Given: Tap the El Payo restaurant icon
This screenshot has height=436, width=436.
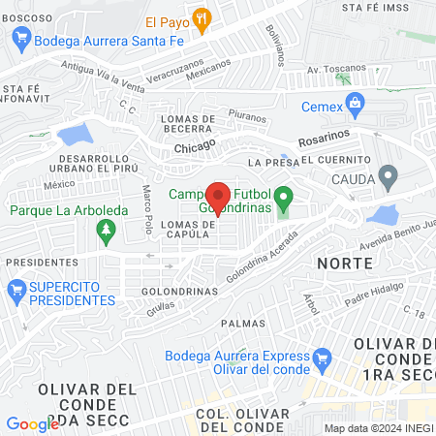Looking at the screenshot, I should coord(202,16).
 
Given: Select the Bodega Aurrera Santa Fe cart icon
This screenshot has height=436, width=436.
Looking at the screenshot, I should coord(20,41).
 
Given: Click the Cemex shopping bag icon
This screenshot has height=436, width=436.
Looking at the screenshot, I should coord(356,101).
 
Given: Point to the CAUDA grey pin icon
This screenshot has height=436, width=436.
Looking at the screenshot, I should coord(389,178).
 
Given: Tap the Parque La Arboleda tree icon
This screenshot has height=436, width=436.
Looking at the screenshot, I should coord(106,232).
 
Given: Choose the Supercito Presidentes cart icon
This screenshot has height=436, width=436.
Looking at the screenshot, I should coord(16,289).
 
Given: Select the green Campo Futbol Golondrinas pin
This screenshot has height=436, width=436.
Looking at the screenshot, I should coord(283,202).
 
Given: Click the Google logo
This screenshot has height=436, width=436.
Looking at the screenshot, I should coord(32,423).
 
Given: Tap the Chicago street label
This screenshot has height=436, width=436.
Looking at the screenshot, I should coord(195,147).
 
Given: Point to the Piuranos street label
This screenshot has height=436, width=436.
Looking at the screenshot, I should coord(249,116).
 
